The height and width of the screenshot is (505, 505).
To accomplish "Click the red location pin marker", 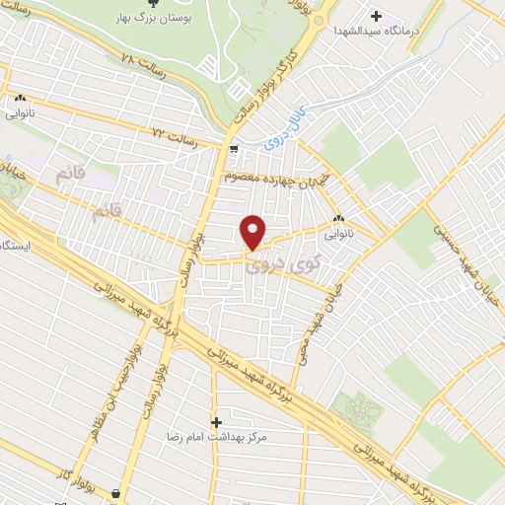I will tap(252, 231).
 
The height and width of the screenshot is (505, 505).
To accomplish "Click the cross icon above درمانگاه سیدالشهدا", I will tap(377, 16).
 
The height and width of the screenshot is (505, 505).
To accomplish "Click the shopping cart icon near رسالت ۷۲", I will tap(234, 150).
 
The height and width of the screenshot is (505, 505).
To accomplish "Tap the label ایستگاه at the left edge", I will tap(14, 244).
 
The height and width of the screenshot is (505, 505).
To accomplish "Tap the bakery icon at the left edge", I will tap(20, 99).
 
